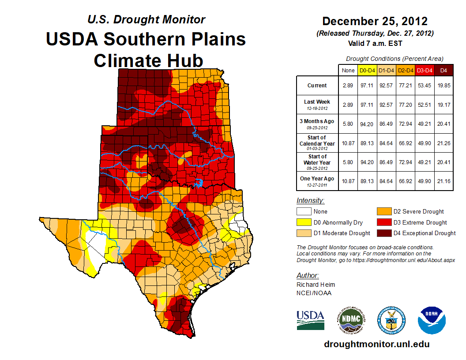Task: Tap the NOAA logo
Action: [432, 320]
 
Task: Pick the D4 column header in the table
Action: [443, 71]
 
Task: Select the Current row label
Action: [317, 86]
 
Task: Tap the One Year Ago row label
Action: [317, 179]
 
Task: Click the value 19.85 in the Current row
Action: [443, 86]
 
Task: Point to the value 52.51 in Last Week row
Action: [425, 105]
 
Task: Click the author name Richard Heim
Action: [316, 285]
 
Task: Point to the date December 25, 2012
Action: [375, 21]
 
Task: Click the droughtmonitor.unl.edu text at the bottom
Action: [376, 344]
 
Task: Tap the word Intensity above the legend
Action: [310, 201]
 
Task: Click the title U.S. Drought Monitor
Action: [146, 19]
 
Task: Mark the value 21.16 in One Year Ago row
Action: [443, 179]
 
